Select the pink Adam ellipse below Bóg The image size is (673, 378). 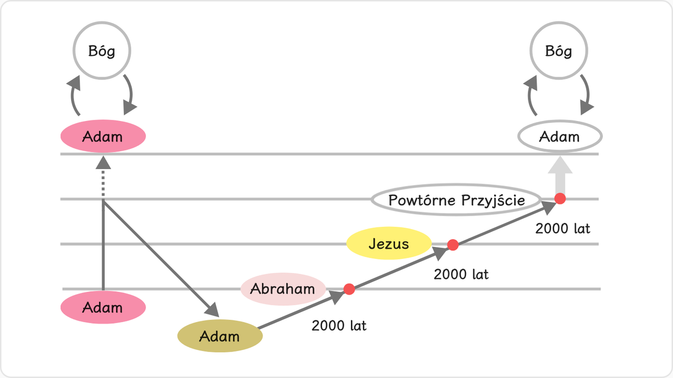click(x=103, y=136)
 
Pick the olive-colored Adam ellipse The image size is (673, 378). click(x=220, y=335)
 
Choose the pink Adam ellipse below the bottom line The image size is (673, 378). click(x=103, y=307)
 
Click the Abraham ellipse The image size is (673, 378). click(x=283, y=289)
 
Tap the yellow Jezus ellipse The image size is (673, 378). click(x=389, y=243)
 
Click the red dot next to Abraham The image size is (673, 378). click(x=349, y=289)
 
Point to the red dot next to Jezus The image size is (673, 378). click(x=453, y=245)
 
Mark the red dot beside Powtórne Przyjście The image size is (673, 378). click(x=560, y=199)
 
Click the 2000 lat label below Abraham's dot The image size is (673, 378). click(x=339, y=326)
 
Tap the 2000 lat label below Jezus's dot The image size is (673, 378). click(x=461, y=274)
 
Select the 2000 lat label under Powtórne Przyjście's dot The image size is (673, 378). click(x=563, y=228)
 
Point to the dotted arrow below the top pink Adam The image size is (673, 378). click(x=103, y=177)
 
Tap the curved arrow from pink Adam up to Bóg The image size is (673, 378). click(x=72, y=95)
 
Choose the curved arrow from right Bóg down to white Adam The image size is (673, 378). click(x=587, y=95)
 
